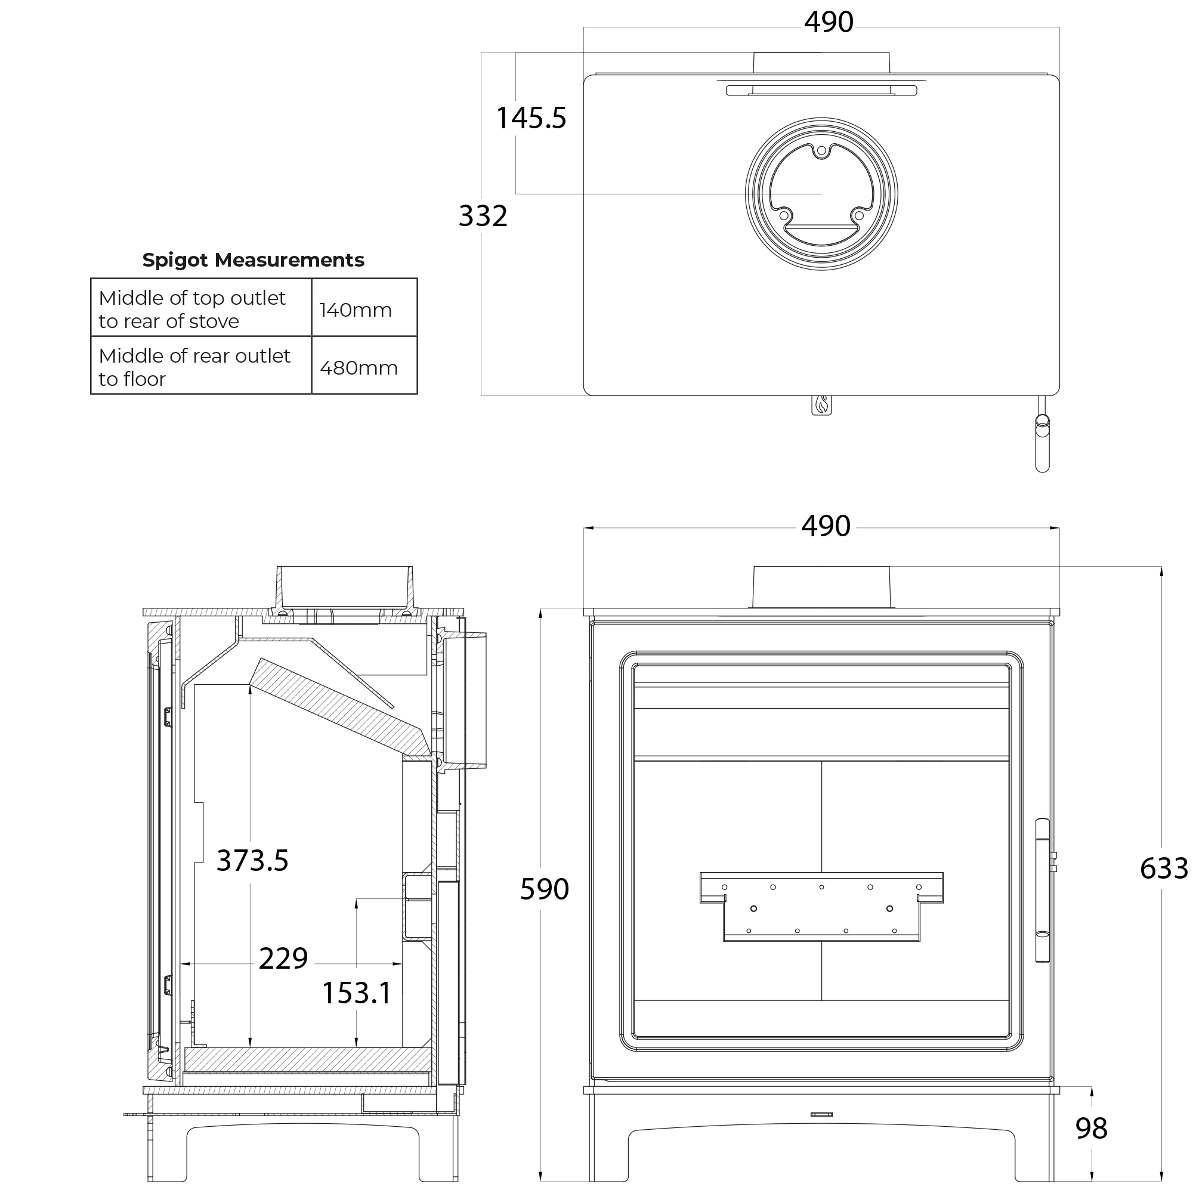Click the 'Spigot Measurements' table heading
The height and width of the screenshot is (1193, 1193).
[x=253, y=260]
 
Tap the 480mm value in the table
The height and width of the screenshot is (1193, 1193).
[x=358, y=367]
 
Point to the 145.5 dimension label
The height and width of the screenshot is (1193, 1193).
[x=531, y=118]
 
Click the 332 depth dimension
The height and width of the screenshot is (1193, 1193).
[x=483, y=215]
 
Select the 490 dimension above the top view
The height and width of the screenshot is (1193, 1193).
[x=829, y=21]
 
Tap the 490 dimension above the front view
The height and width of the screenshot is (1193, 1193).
[x=826, y=526]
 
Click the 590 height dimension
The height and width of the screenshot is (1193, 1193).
[x=544, y=889]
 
